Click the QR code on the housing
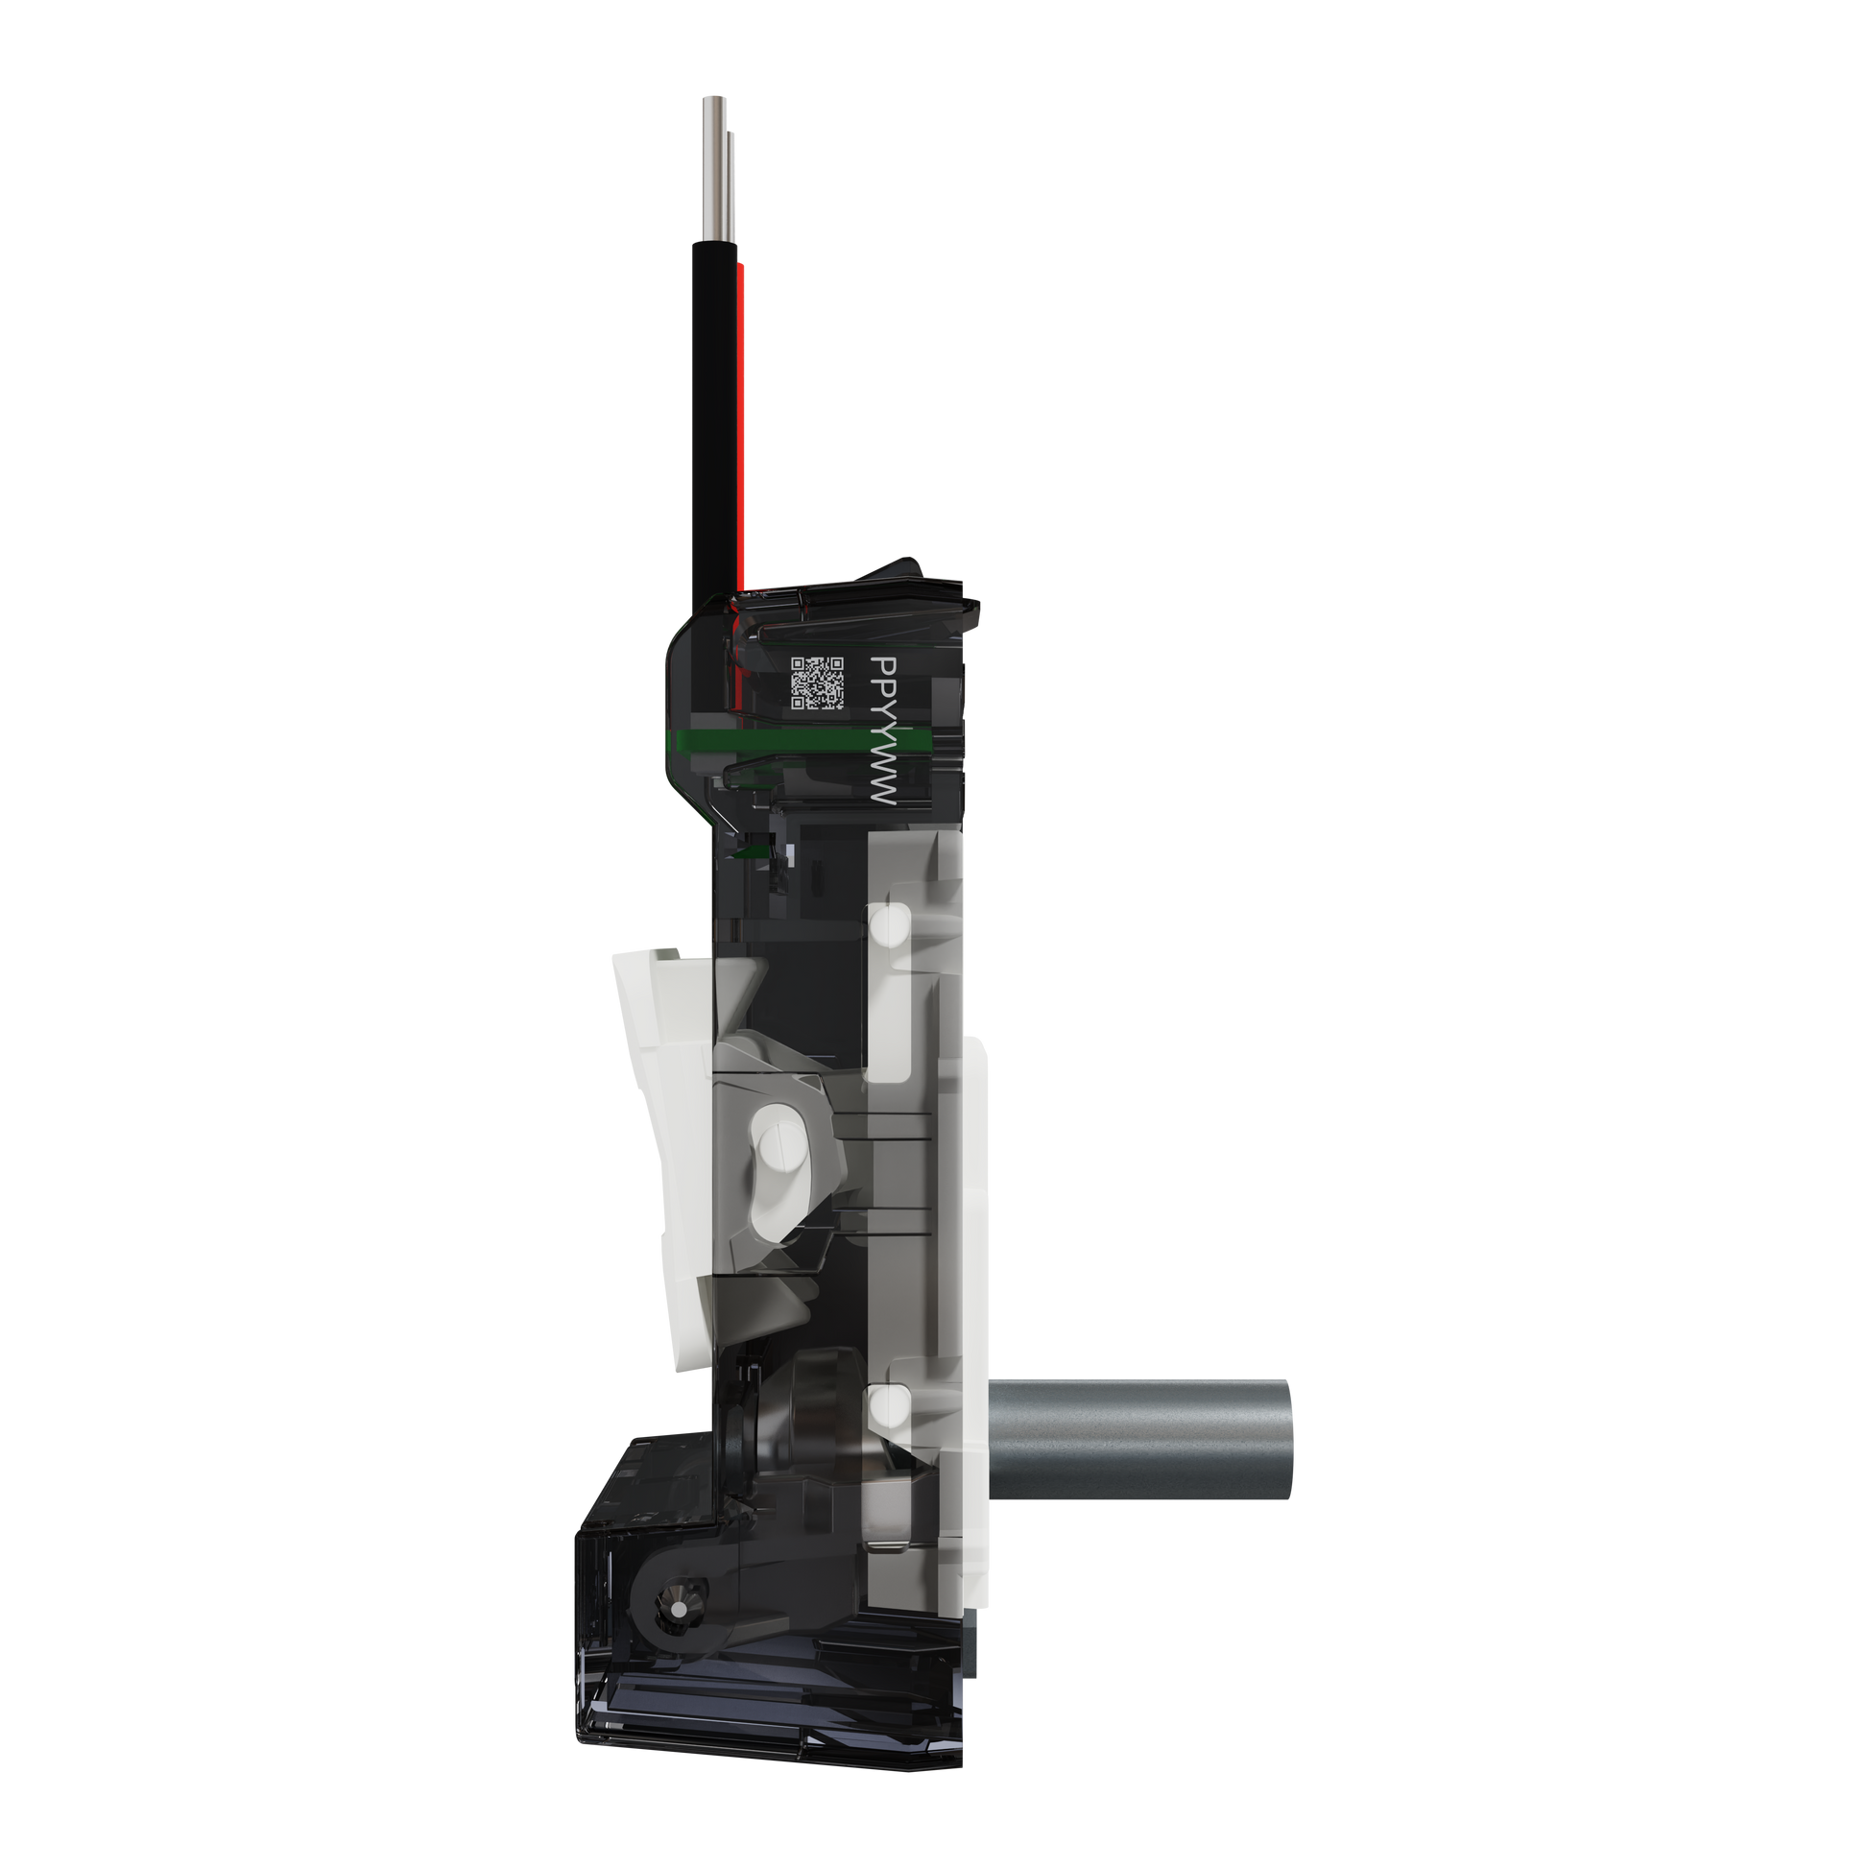(817, 683)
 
